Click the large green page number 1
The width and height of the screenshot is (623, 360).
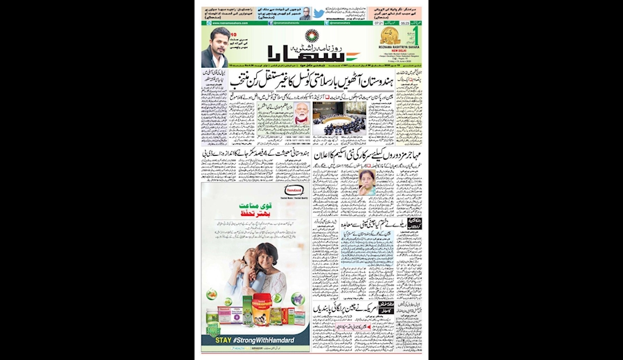tap(417, 36)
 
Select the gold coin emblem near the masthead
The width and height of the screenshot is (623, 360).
tap(390, 37)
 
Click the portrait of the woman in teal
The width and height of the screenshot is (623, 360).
tap(368, 181)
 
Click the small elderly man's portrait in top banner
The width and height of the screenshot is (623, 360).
tap(305, 13)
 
